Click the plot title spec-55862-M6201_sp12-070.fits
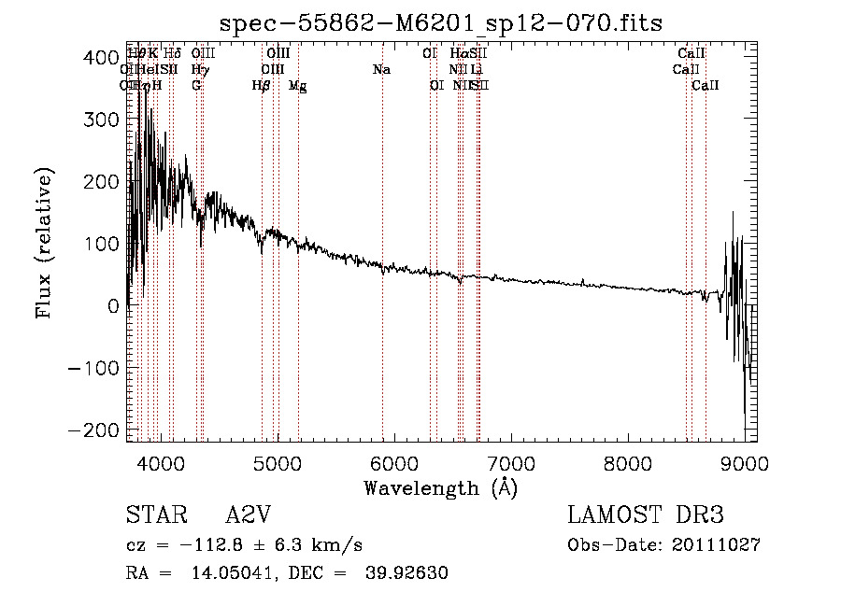point(440,21)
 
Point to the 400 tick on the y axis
point(126,57)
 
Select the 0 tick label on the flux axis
point(111,305)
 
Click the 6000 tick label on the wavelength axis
point(393,463)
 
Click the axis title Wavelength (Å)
point(440,487)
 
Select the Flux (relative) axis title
point(45,242)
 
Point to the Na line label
point(381,70)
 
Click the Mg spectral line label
point(297,86)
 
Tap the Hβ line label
point(262,86)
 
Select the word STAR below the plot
point(155,515)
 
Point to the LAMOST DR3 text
point(645,515)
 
